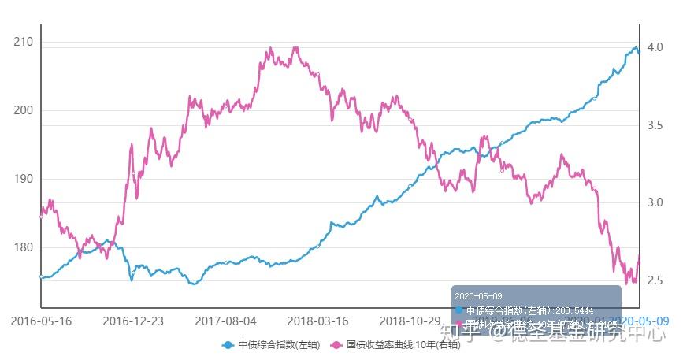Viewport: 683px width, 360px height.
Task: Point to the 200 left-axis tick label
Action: tap(24, 110)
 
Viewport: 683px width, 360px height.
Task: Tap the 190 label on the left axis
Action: tap(24, 179)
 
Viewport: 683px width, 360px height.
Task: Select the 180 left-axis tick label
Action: tap(24, 247)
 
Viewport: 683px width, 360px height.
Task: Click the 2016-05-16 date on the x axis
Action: tap(40, 321)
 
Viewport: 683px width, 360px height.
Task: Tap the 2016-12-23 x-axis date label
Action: tap(133, 321)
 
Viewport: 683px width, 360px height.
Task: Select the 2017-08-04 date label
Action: tap(226, 321)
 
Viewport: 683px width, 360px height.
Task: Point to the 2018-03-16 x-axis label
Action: tap(318, 321)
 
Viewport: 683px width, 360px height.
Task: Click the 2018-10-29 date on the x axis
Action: tap(410, 321)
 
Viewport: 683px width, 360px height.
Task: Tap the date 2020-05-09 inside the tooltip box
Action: tap(477, 295)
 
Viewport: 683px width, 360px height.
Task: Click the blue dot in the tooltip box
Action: tap(459, 310)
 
